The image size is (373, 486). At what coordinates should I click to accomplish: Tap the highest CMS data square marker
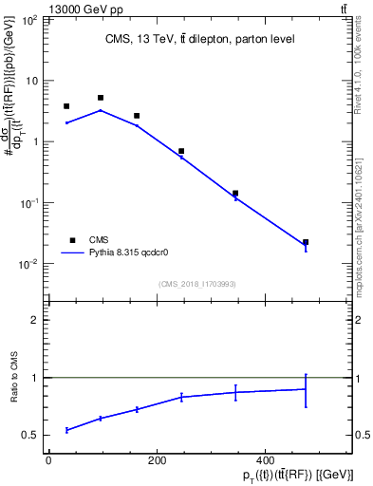click(x=101, y=98)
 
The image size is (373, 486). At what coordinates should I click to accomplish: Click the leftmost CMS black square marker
click(x=66, y=106)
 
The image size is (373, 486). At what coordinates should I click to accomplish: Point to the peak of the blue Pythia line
click(x=101, y=110)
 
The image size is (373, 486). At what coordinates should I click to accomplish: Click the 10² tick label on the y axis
click(x=30, y=20)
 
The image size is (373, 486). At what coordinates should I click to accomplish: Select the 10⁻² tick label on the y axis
click(x=30, y=264)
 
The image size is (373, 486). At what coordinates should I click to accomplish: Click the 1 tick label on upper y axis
click(x=34, y=141)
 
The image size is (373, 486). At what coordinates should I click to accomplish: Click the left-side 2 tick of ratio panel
click(x=35, y=320)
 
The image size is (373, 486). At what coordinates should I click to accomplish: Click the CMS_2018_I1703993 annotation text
click(x=199, y=284)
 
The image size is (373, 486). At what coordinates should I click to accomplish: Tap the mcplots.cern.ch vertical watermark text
click(x=365, y=218)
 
